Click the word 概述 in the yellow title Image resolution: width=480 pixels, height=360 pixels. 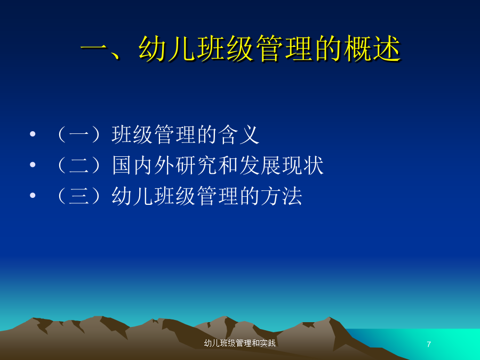[372, 49]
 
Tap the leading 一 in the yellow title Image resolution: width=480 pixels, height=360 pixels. [94, 49]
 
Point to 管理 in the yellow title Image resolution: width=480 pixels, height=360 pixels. [284, 49]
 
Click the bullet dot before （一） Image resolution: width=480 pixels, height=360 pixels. [33, 134]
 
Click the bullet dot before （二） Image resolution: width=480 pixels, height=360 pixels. [33, 165]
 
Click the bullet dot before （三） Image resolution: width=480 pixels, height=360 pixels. [33, 195]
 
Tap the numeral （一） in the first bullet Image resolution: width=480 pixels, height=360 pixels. [79, 135]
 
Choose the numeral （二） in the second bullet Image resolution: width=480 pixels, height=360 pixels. [79, 165]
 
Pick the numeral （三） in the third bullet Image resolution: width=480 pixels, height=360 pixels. [79, 196]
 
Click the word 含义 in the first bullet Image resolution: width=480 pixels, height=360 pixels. [239, 135]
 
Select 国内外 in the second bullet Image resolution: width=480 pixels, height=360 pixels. [144, 165]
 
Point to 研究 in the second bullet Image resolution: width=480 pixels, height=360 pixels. [197, 165]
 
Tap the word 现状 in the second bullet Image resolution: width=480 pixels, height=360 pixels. [303, 165]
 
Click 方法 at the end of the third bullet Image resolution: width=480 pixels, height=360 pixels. [282, 196]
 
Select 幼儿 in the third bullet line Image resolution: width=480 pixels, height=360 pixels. [133, 196]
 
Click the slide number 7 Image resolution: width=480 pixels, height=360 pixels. [429, 345]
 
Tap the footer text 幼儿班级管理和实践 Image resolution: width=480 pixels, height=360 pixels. [239, 343]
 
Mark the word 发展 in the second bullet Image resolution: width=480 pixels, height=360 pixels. [260, 165]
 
